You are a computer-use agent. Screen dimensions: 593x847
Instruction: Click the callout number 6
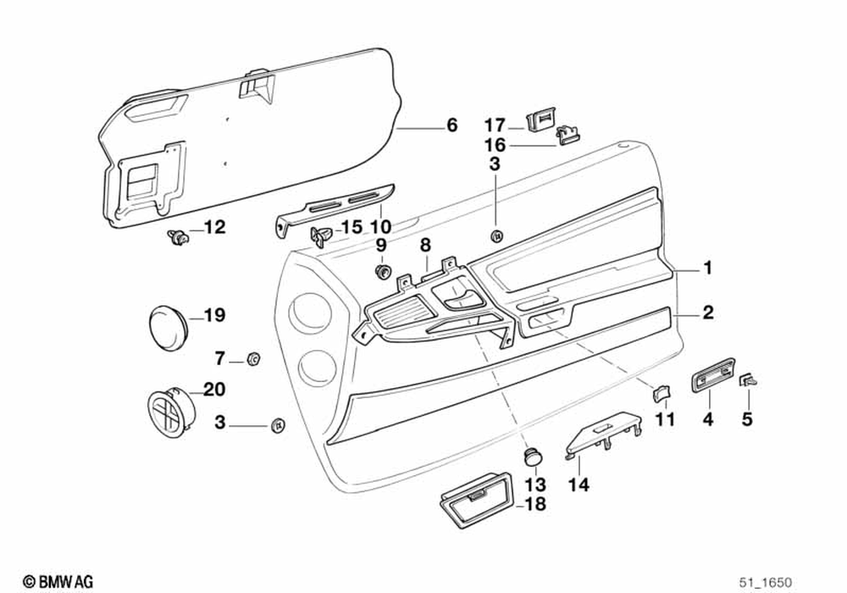coord(451,125)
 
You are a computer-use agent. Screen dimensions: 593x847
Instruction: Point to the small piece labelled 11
coord(661,392)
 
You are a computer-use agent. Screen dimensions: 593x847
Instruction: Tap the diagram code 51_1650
coord(765,582)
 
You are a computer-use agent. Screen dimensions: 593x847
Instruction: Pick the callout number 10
coord(381,227)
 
